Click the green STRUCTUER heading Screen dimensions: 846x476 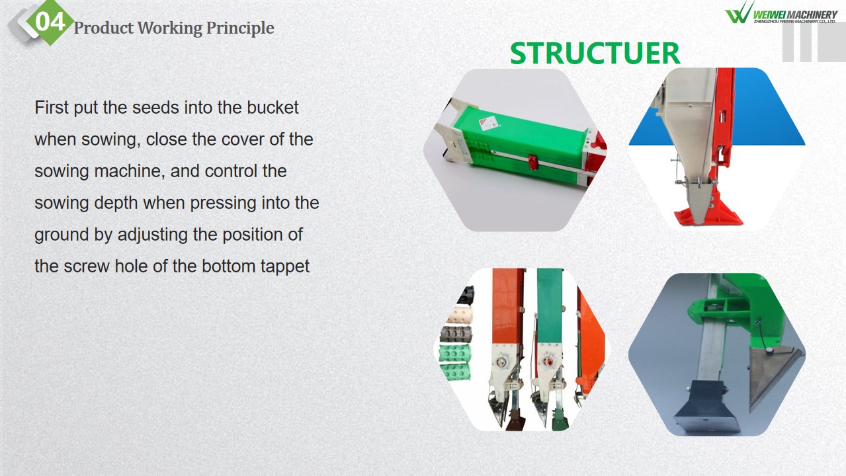click(x=595, y=54)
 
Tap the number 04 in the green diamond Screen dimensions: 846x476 click(x=50, y=22)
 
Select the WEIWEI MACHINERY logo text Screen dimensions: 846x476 click(x=795, y=15)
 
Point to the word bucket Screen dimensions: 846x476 click(x=273, y=108)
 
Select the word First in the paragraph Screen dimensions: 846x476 click(x=52, y=108)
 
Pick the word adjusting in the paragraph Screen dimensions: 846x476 click(x=153, y=235)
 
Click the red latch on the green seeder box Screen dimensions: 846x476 click(x=532, y=162)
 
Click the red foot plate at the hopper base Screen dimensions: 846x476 click(x=708, y=211)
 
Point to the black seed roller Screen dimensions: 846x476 click(x=466, y=295)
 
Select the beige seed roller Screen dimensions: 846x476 click(x=460, y=315)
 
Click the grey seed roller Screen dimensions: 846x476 click(x=456, y=334)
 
